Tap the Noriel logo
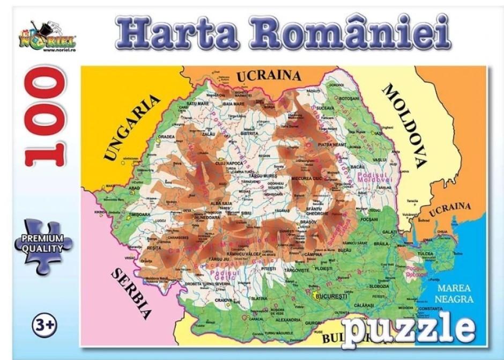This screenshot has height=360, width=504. pos(51,38)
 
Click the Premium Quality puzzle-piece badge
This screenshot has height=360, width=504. pos(43,243)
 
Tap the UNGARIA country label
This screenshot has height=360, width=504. pos(131,128)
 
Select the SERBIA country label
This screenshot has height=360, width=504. pos(131,293)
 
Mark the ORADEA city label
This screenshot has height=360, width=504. pos(166,136)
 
